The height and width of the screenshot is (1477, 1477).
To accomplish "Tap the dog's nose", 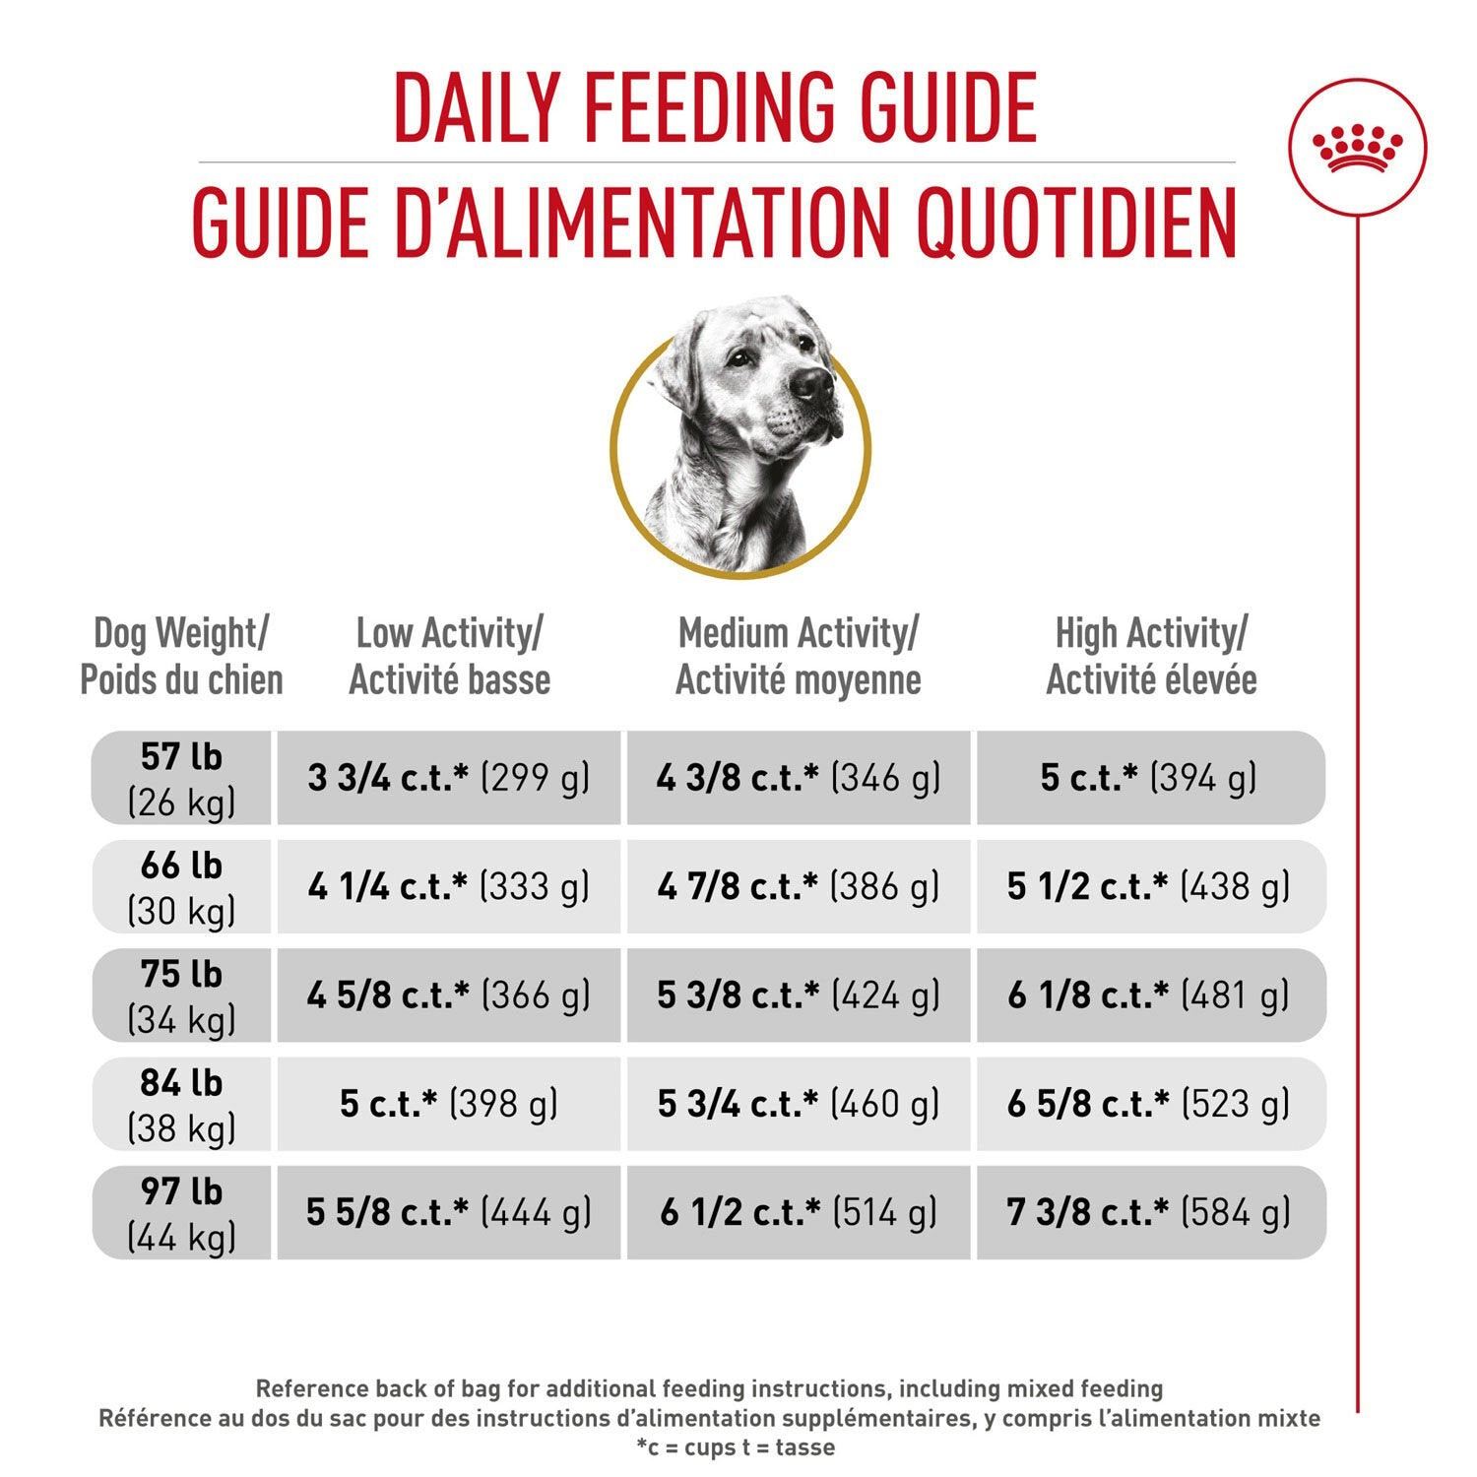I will (812, 382).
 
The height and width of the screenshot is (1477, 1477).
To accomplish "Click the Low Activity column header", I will (449, 657).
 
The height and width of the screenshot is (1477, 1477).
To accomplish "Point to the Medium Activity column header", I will (798, 657).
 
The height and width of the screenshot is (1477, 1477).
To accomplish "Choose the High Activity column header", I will (1151, 657).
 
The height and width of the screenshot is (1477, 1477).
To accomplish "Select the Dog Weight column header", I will (181, 657).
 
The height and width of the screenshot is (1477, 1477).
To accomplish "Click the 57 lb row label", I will (181, 778).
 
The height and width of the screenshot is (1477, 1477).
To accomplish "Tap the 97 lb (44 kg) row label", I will (181, 1212).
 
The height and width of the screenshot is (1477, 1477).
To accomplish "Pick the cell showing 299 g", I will (449, 778).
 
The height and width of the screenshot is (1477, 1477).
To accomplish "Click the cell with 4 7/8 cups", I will (798, 886).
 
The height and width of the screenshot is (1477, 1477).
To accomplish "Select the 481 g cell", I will (1150, 995).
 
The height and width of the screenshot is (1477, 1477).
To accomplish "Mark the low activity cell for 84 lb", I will (449, 1104).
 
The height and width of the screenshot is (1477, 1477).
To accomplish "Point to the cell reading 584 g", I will (1150, 1212).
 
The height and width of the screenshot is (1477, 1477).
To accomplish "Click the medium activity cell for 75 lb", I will (798, 995).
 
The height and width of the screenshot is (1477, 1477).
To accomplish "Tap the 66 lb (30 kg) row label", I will (181, 886).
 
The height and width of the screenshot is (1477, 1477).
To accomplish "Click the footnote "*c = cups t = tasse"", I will (736, 1447).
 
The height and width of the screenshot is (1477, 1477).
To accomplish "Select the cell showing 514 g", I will (798, 1212).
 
